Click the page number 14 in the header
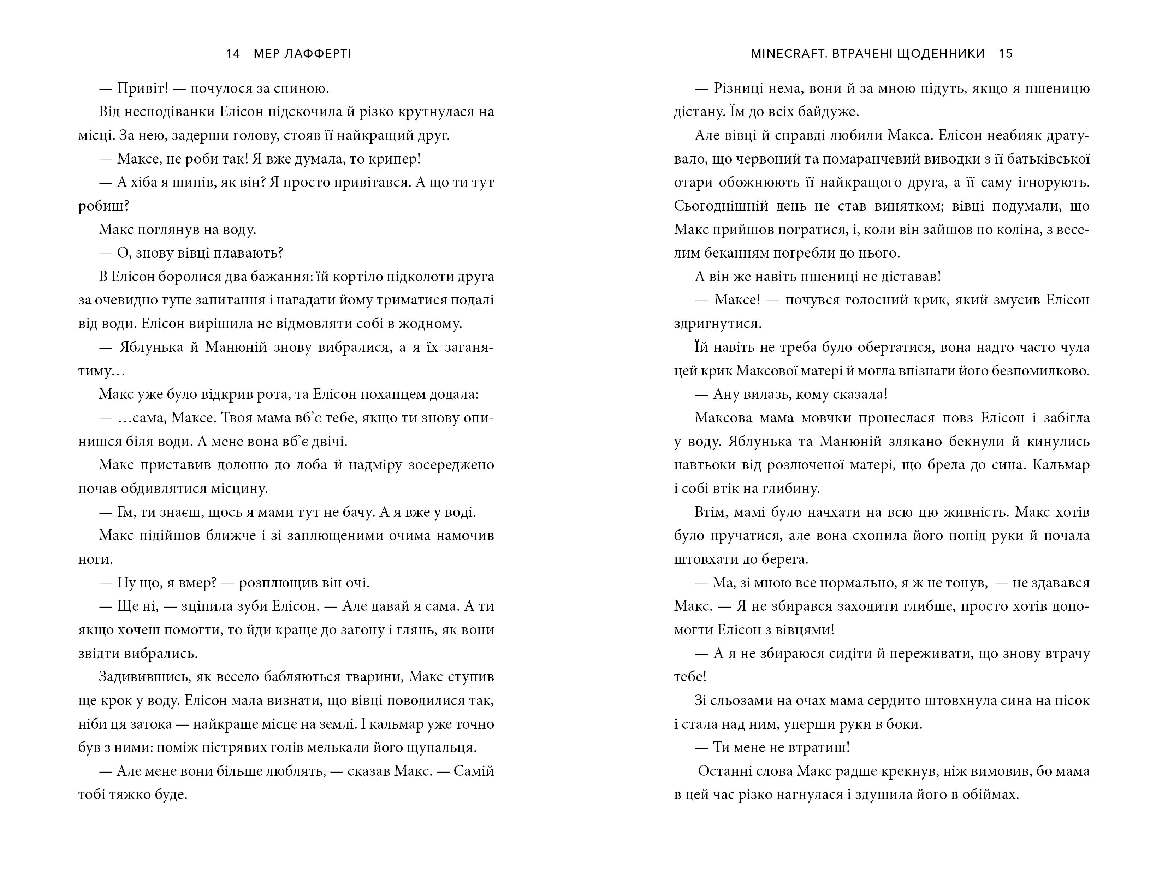coord(233,53)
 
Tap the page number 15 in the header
coord(1006,53)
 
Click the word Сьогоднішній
coord(721,206)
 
